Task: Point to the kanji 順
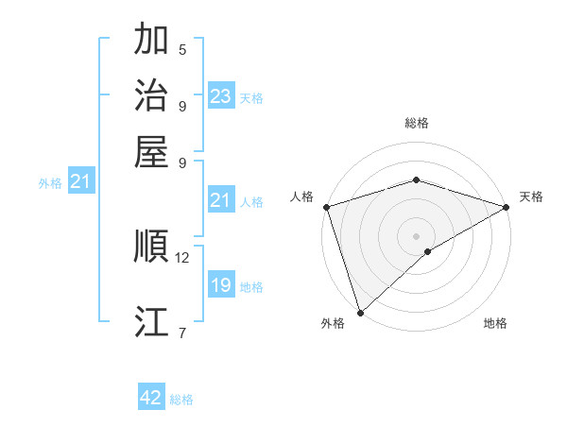click(x=151, y=248)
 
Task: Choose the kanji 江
click(x=151, y=322)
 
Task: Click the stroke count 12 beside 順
click(x=182, y=257)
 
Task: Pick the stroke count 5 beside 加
click(x=182, y=49)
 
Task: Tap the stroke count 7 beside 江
click(x=182, y=332)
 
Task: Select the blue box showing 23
click(x=221, y=96)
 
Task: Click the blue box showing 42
click(x=151, y=398)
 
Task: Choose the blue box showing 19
click(x=221, y=285)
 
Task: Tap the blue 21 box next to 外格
click(x=80, y=181)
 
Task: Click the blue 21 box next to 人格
click(x=221, y=200)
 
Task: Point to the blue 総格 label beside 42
click(x=181, y=400)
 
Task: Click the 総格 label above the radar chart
click(x=417, y=123)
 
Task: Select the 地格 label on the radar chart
click(x=495, y=324)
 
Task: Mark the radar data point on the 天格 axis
click(x=507, y=207)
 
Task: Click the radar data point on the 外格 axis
click(x=360, y=312)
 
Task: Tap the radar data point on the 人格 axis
click(x=326, y=207)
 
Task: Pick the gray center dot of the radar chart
click(x=417, y=235)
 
